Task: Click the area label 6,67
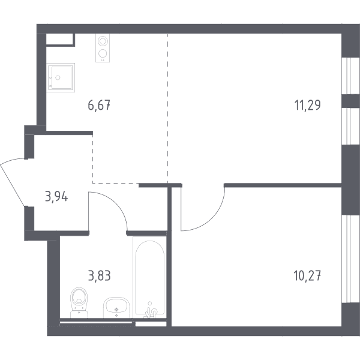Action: (99, 106)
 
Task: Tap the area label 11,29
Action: (307, 106)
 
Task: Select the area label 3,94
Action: (56, 197)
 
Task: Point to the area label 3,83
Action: (100, 276)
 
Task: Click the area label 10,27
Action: (307, 276)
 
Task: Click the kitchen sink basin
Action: (61, 78)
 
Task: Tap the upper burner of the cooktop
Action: (103, 41)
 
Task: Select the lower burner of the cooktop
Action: (103, 54)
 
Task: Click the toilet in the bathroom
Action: (79, 302)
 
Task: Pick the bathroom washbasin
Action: (116, 308)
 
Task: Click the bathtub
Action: (149, 277)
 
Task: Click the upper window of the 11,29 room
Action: (346, 76)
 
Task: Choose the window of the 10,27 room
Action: (346, 259)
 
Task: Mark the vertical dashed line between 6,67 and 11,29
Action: (167, 109)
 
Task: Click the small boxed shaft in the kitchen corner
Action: (61, 40)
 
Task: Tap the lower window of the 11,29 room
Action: (346, 126)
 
